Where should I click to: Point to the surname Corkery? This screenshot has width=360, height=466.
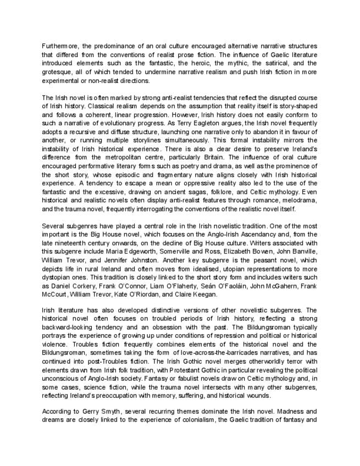(x=87, y=286)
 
